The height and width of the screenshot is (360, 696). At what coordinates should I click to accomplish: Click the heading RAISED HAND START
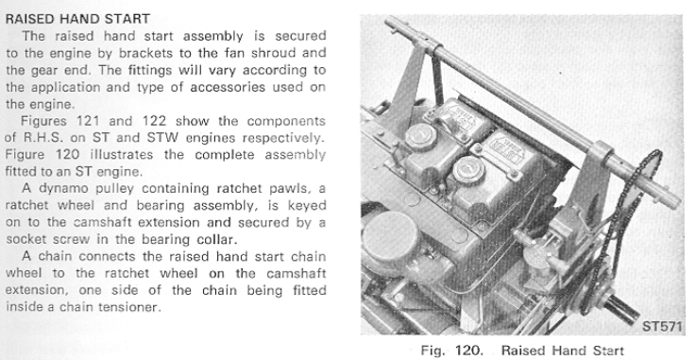point(77,19)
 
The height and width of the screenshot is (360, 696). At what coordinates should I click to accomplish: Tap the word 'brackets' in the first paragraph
point(145,53)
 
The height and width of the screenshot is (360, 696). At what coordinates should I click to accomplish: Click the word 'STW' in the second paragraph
point(162,138)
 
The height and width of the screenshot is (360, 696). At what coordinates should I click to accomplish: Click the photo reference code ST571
point(661,326)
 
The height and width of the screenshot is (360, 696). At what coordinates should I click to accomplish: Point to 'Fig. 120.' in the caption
point(451,351)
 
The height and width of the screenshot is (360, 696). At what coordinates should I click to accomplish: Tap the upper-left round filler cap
point(419,137)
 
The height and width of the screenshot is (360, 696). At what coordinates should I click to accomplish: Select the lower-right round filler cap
point(467,170)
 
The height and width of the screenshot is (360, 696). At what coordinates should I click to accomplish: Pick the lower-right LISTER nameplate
point(508,147)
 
